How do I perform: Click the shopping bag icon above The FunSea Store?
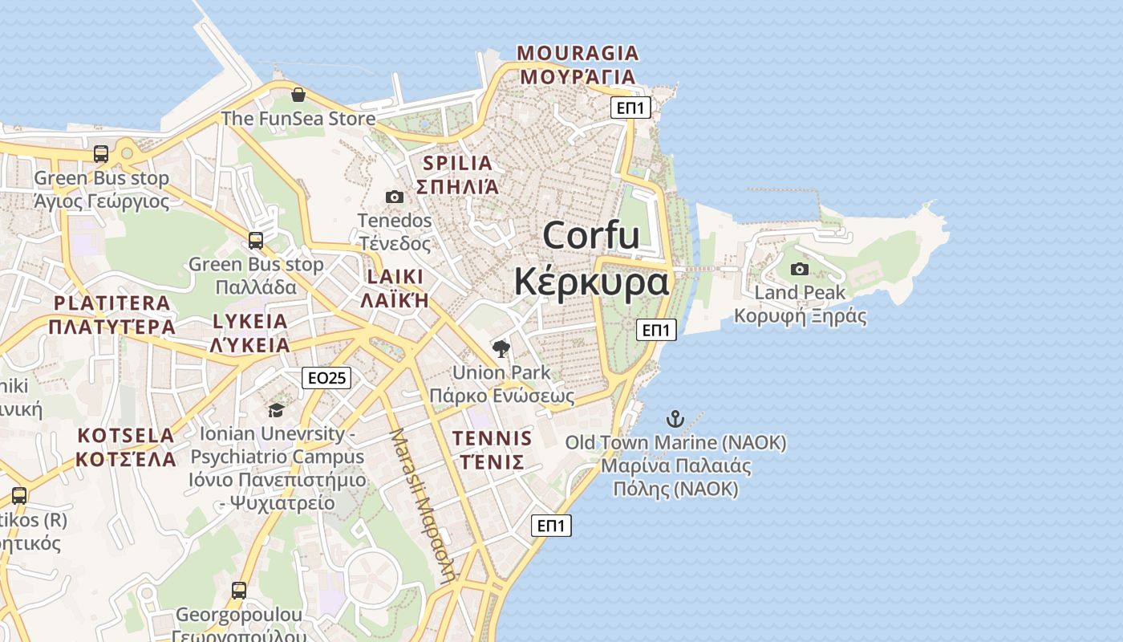point(298,95)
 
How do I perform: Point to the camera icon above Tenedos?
point(395,197)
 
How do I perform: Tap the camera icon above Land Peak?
point(800,269)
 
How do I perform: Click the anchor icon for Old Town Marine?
point(675,418)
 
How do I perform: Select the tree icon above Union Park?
point(501,348)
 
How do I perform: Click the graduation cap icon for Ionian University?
point(276,410)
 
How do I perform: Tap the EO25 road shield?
point(326,377)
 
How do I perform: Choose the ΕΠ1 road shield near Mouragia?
point(630,108)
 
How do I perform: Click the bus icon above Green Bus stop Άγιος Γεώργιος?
point(101,154)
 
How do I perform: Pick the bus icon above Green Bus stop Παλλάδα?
point(256,240)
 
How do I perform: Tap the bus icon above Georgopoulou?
point(239,591)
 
